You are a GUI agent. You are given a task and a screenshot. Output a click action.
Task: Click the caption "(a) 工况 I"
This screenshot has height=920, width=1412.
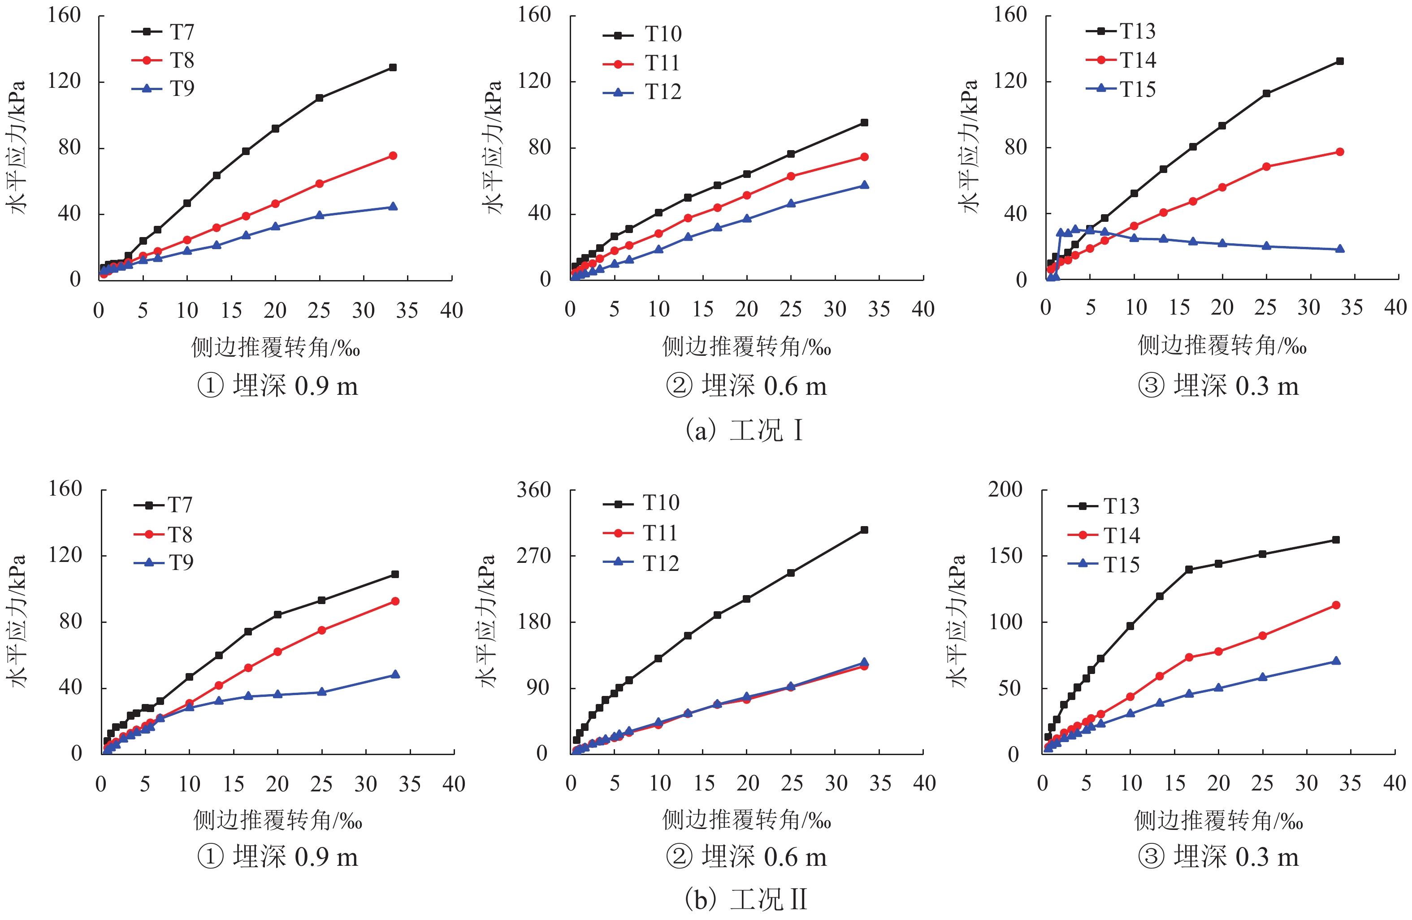pos(745,430)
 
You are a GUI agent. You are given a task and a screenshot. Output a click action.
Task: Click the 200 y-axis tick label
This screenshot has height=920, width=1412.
pos(1005,489)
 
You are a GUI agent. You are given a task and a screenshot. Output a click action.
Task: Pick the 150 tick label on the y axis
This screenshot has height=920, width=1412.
pos(1005,556)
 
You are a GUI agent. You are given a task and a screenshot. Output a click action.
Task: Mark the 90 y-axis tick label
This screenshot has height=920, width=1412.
pos(538,688)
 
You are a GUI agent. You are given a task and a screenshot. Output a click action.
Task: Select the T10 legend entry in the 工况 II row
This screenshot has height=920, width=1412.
pos(642,503)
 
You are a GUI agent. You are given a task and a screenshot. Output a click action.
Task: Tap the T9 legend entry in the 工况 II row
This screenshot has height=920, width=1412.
pos(164,562)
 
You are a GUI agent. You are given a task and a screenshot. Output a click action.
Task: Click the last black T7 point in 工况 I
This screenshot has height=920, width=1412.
pos(393,68)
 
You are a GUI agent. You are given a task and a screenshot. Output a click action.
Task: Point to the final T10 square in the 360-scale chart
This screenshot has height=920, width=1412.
pos(864,530)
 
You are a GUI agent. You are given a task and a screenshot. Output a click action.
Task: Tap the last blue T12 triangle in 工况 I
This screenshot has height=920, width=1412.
pos(864,185)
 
